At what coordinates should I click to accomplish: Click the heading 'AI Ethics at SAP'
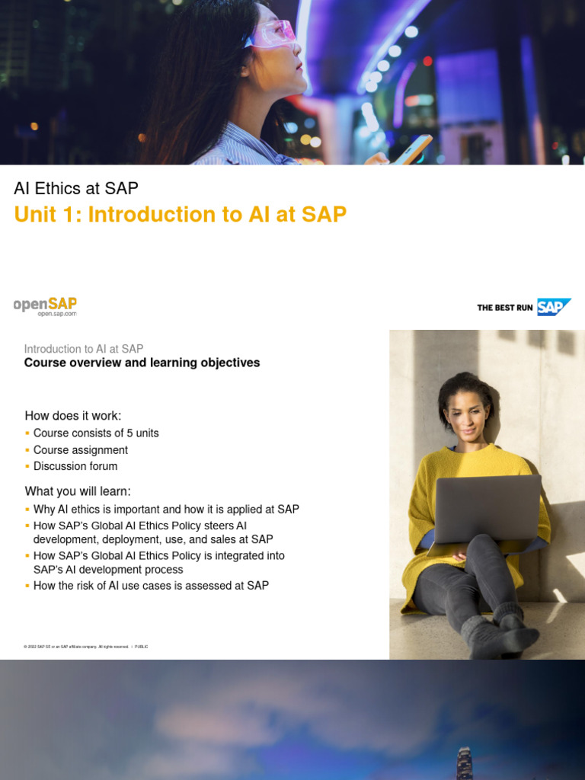pos(76,188)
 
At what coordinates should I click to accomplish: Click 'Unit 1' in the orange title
pos(46,215)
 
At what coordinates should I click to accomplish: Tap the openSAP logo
pos(45,304)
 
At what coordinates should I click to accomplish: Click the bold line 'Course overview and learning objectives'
pos(142,363)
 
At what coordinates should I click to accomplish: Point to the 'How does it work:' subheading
pos(73,416)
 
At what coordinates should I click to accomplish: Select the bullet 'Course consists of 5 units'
pos(96,433)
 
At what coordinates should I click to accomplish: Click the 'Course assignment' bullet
pos(81,450)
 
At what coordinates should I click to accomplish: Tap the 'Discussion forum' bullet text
pos(75,466)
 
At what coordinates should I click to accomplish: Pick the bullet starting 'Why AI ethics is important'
pos(166,510)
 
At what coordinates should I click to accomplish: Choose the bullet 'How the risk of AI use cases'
pos(151,586)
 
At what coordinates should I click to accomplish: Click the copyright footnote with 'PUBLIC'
pos(86,647)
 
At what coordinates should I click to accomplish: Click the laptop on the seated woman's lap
pos(487,508)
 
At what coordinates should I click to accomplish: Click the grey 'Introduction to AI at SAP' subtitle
pos(84,349)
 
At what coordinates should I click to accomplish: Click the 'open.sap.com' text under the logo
pos(57,314)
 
